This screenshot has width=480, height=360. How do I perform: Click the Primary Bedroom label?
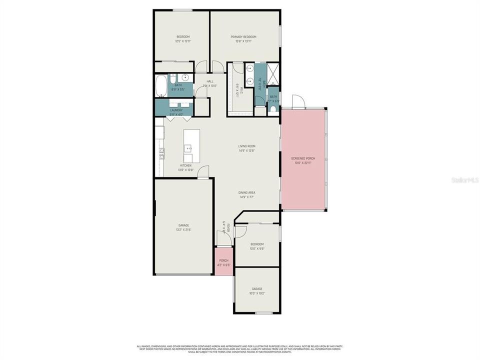tap(243, 37)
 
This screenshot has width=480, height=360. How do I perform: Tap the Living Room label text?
tap(247, 146)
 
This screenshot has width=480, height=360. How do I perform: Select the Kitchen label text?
tap(185, 165)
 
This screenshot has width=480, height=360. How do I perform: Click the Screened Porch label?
tap(303, 159)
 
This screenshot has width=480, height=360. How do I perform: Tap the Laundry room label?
tap(176, 110)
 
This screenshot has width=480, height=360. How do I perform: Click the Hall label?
tap(210, 81)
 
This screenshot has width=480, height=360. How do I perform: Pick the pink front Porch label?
tap(223, 260)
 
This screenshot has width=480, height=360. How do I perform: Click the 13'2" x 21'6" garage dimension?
tap(183, 230)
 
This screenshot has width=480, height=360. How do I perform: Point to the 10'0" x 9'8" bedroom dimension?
tap(257, 248)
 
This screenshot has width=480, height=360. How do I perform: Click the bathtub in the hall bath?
tap(160, 86)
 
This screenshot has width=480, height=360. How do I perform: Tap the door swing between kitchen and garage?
tap(202, 172)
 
